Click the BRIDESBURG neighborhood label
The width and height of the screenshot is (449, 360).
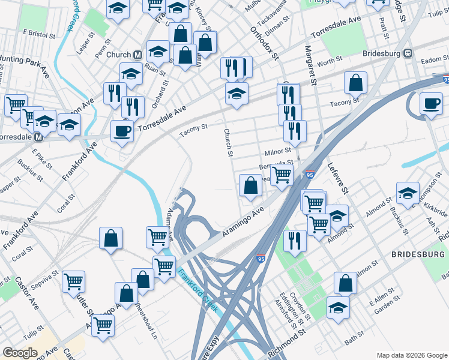pyautogui.click(x=417, y=254)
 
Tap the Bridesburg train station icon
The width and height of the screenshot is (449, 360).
pyautogui.click(x=408, y=53)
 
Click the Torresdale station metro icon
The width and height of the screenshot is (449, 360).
pyautogui.click(x=38, y=137)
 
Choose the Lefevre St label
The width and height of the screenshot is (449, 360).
pyautogui.click(x=337, y=178)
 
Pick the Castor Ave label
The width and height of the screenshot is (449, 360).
pyautogui.click(x=27, y=293)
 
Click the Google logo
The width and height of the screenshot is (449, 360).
pyautogui.click(x=20, y=353)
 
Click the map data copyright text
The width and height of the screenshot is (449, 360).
pyautogui.click(x=412, y=355)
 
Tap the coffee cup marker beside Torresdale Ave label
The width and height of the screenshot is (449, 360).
pyautogui.click(x=122, y=131)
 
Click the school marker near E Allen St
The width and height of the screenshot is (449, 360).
pyautogui.click(x=339, y=307)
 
